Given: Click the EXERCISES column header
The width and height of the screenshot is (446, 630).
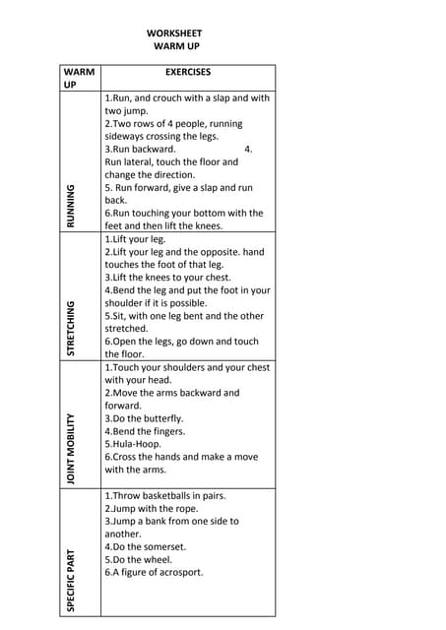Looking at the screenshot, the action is pos(188,72).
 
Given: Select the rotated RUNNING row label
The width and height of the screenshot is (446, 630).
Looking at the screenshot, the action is pos(71,206).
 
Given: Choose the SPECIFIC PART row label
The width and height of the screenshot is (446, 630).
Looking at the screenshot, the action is pos(71,581).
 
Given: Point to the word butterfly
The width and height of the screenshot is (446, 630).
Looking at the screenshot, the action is pos(161,418).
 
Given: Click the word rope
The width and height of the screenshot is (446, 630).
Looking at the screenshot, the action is pos(186,509).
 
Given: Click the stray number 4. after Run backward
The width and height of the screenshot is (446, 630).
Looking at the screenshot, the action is pos(248,150).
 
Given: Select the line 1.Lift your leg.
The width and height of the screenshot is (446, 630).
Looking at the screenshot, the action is pos(136,239).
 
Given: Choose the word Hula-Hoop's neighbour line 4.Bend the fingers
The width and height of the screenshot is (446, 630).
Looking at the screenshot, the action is pos(145,431).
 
